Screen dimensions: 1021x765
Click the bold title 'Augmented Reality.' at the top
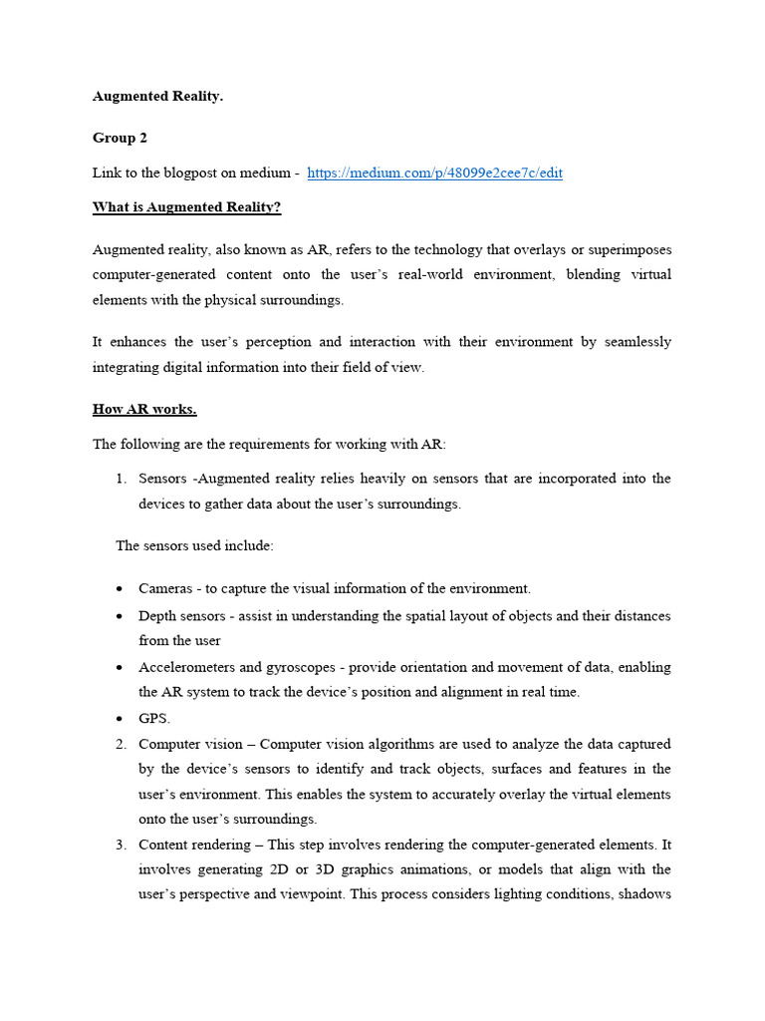pos(157,97)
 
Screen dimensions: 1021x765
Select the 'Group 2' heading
pos(120,138)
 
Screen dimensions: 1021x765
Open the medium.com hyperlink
pos(434,172)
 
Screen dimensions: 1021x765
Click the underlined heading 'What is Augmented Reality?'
pos(187,207)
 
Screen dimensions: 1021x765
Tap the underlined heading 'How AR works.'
pos(144,409)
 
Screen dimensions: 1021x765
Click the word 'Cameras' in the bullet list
pos(165,588)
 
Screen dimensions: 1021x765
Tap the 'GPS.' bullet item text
pos(154,718)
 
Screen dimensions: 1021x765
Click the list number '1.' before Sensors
pos(121,479)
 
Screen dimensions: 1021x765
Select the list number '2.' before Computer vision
pos(121,744)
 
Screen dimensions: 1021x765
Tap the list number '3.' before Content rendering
pos(121,845)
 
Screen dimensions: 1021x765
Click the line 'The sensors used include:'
pos(194,545)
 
